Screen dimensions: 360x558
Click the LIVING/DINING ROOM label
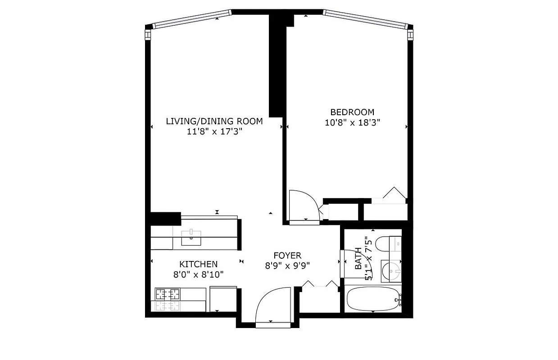coord(214,121)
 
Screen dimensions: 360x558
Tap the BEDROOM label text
coord(352,112)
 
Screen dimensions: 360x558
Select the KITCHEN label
coord(198,264)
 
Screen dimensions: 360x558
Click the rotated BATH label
coord(358,259)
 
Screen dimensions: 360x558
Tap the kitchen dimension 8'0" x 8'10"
coord(199,274)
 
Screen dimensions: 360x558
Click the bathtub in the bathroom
coord(372,299)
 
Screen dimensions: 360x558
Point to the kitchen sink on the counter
coord(191,237)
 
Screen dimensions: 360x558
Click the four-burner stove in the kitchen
coord(168,295)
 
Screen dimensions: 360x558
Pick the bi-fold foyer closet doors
coord(319,285)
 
